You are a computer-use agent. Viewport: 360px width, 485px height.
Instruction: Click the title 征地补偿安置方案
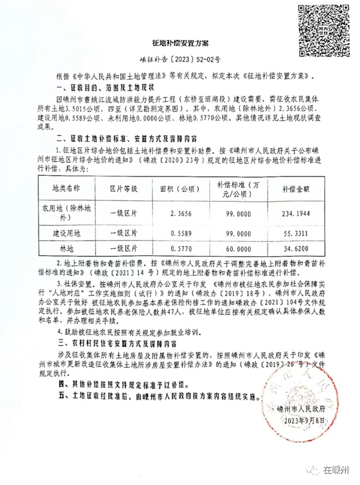(180, 43)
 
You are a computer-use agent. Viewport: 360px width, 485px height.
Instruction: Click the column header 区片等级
(123, 188)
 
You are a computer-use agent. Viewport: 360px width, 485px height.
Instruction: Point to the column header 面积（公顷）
(179, 188)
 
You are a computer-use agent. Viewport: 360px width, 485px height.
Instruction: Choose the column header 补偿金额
(295, 188)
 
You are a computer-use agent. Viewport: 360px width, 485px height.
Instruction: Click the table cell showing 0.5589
(179, 234)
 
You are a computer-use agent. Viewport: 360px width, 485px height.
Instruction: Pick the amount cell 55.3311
(295, 234)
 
